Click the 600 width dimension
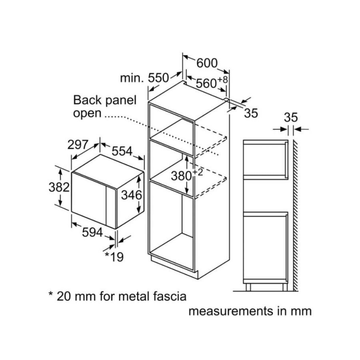207,63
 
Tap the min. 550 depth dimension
145,78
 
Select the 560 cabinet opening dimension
206,83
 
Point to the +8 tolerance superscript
222,80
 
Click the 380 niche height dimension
181,176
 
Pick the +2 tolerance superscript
198,172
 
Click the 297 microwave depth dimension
78,144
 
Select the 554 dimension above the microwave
122,151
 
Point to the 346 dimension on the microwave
132,195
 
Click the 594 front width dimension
92,232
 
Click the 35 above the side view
291,117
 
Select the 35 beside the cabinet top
251,113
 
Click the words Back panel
105,100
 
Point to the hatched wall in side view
296,215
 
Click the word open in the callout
87,114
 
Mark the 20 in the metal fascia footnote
63,296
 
